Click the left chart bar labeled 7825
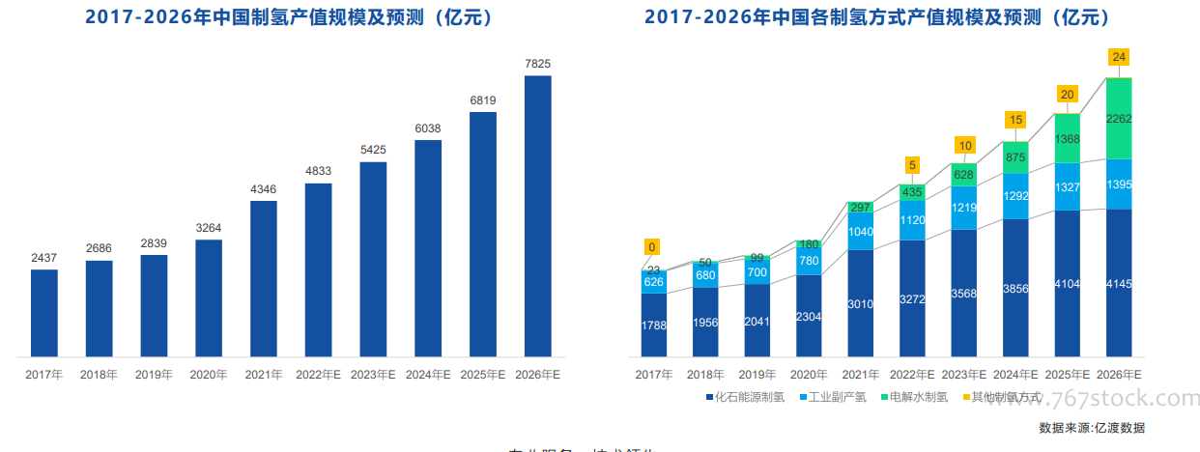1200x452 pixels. (537, 214)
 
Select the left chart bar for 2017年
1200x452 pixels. (44, 311)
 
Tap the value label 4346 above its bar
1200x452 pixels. (264, 189)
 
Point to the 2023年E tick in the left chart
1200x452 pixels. (373, 375)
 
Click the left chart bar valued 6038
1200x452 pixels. (428, 246)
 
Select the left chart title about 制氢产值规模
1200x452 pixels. (291, 17)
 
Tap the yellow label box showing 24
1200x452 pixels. (1119, 57)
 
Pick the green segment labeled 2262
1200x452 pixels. (1119, 119)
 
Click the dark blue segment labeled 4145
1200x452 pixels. (1119, 282)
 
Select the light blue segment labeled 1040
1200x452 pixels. (860, 232)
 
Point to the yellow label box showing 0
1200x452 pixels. (652, 247)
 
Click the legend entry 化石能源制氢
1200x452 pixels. (744, 396)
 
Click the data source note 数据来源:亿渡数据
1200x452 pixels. (1092, 427)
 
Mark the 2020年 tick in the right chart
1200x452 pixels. (809, 375)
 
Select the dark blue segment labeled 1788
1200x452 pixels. (653, 325)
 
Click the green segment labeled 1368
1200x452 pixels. (1068, 138)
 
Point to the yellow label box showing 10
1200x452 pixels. (964, 146)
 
